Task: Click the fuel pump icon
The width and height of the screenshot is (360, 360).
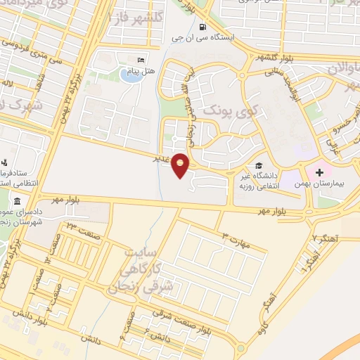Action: pos(202,28)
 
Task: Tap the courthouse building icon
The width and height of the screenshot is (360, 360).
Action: pos(17,202)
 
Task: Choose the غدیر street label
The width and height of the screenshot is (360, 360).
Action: pos(161,157)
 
